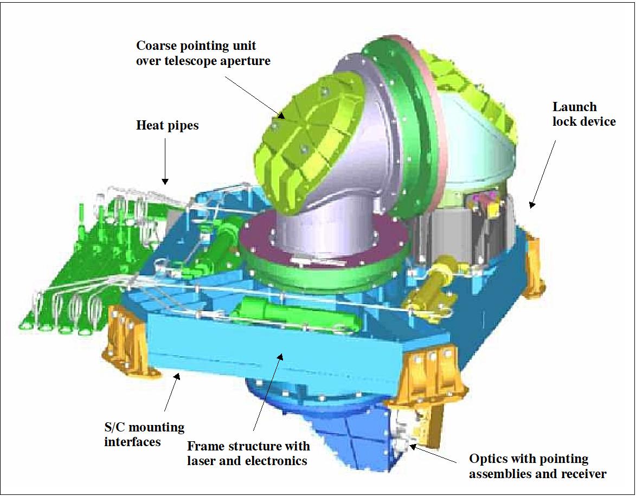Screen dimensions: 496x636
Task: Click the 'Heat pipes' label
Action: coord(167,126)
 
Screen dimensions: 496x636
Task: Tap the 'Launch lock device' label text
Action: coord(584,114)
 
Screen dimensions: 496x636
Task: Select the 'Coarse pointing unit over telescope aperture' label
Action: coord(203,53)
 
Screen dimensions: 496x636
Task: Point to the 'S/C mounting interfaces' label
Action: coord(145,434)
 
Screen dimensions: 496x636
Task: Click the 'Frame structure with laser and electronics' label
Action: coord(248,454)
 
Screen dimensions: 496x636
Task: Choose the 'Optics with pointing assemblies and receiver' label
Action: coord(537,467)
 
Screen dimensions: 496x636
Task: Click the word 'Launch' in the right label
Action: coord(574,107)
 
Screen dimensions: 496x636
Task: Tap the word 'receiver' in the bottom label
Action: coord(584,474)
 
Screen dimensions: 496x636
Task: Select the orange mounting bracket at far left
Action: coord(122,336)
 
